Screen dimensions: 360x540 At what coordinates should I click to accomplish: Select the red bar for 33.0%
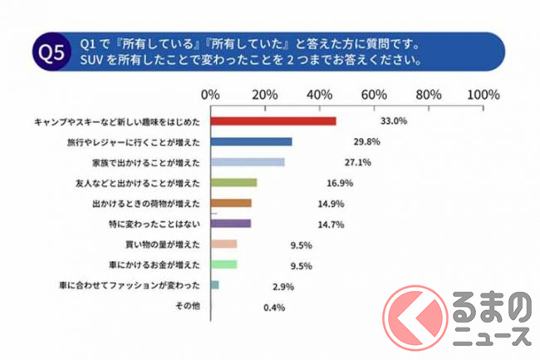(x=273, y=121)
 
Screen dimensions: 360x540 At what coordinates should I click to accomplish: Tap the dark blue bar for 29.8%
(x=252, y=141)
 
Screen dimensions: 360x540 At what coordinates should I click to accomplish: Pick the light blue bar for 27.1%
(x=248, y=162)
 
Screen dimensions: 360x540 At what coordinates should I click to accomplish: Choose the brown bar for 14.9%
(x=231, y=203)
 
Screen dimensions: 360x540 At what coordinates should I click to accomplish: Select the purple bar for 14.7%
(x=231, y=224)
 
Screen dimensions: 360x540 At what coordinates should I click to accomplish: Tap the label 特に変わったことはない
(x=156, y=224)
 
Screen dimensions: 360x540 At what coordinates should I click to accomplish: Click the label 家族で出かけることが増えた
(x=147, y=162)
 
